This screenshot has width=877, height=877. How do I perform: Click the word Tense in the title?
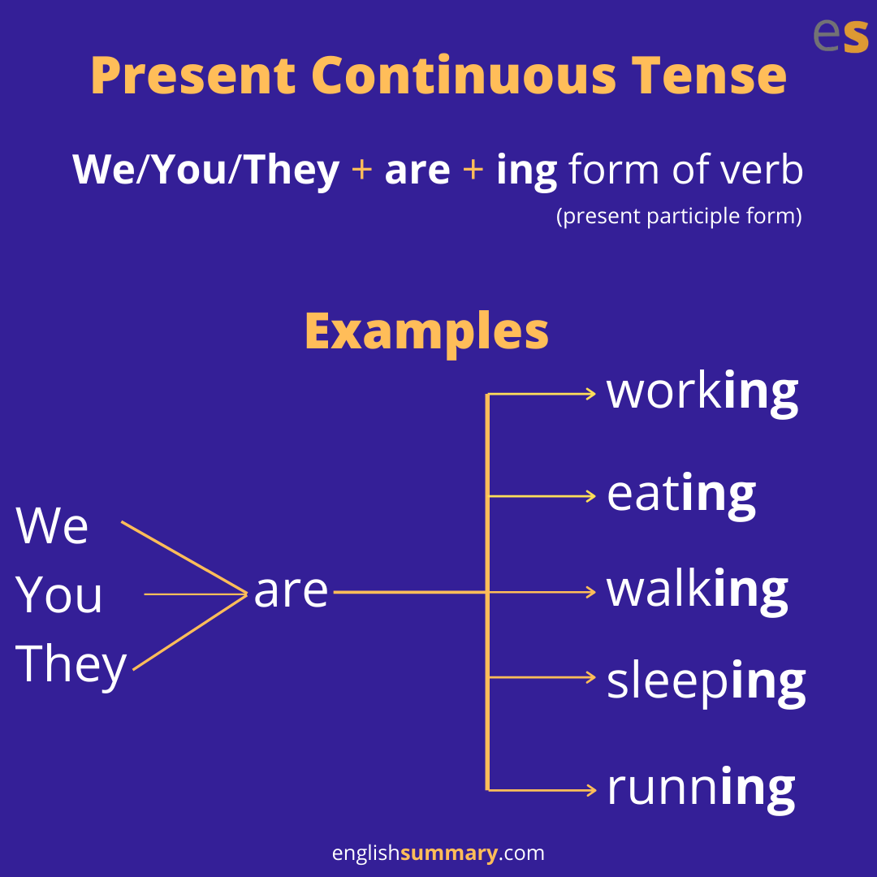click(709, 76)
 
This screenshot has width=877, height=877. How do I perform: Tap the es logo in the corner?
click(840, 35)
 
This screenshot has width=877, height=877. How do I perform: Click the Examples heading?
click(427, 333)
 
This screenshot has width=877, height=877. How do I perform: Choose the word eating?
click(681, 496)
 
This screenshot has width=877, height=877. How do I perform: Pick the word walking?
click(697, 592)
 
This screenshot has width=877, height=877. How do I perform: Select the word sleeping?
click(706, 683)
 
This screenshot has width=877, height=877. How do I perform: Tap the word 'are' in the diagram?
click(291, 591)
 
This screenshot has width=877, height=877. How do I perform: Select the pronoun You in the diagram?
click(58, 594)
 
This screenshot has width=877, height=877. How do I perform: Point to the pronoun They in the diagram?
click(71, 666)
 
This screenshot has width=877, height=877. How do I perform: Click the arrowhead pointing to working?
click(591, 394)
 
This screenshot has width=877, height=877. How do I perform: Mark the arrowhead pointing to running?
click(591, 790)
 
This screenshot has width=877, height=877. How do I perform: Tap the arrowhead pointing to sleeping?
click(591, 677)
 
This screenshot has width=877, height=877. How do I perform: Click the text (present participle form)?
click(679, 216)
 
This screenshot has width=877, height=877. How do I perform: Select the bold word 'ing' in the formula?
click(526, 171)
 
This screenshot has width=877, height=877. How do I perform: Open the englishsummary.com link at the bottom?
click(438, 853)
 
